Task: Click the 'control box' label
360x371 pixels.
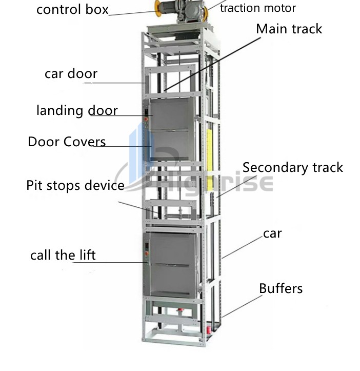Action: (x=72, y=9)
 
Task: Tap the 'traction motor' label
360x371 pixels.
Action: (x=257, y=8)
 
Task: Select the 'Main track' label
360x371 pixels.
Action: (x=289, y=29)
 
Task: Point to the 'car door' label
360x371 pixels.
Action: (x=71, y=73)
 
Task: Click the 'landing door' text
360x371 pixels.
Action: (x=77, y=110)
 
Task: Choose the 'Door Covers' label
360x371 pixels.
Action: (x=67, y=142)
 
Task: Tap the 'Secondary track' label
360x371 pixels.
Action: (x=292, y=167)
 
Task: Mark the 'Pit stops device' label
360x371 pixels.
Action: (x=75, y=185)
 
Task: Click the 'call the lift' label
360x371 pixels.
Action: (x=63, y=255)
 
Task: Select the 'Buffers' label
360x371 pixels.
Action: (x=281, y=288)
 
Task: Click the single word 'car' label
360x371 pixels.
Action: (x=272, y=234)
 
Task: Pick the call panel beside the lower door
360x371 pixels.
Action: (x=146, y=251)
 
